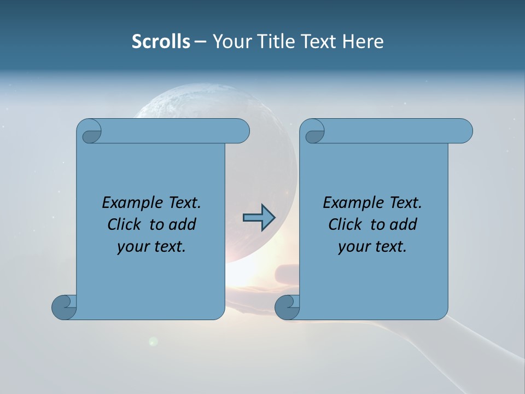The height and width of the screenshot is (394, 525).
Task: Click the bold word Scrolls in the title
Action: (x=161, y=42)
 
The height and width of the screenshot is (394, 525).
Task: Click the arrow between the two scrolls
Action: (x=259, y=217)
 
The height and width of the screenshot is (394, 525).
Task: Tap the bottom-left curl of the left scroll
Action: (x=64, y=308)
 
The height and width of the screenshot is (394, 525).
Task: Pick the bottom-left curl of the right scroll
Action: (x=287, y=308)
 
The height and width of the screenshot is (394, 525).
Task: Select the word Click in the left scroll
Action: (x=126, y=224)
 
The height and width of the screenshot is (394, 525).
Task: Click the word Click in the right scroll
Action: (x=346, y=224)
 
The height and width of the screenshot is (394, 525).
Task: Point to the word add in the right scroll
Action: (x=402, y=224)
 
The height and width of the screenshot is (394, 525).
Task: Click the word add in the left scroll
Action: (x=181, y=224)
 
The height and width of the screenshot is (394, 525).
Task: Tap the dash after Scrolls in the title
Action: (x=200, y=42)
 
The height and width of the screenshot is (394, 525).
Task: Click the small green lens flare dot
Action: (x=154, y=341)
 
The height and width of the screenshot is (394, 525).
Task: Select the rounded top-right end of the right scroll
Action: (x=464, y=131)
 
